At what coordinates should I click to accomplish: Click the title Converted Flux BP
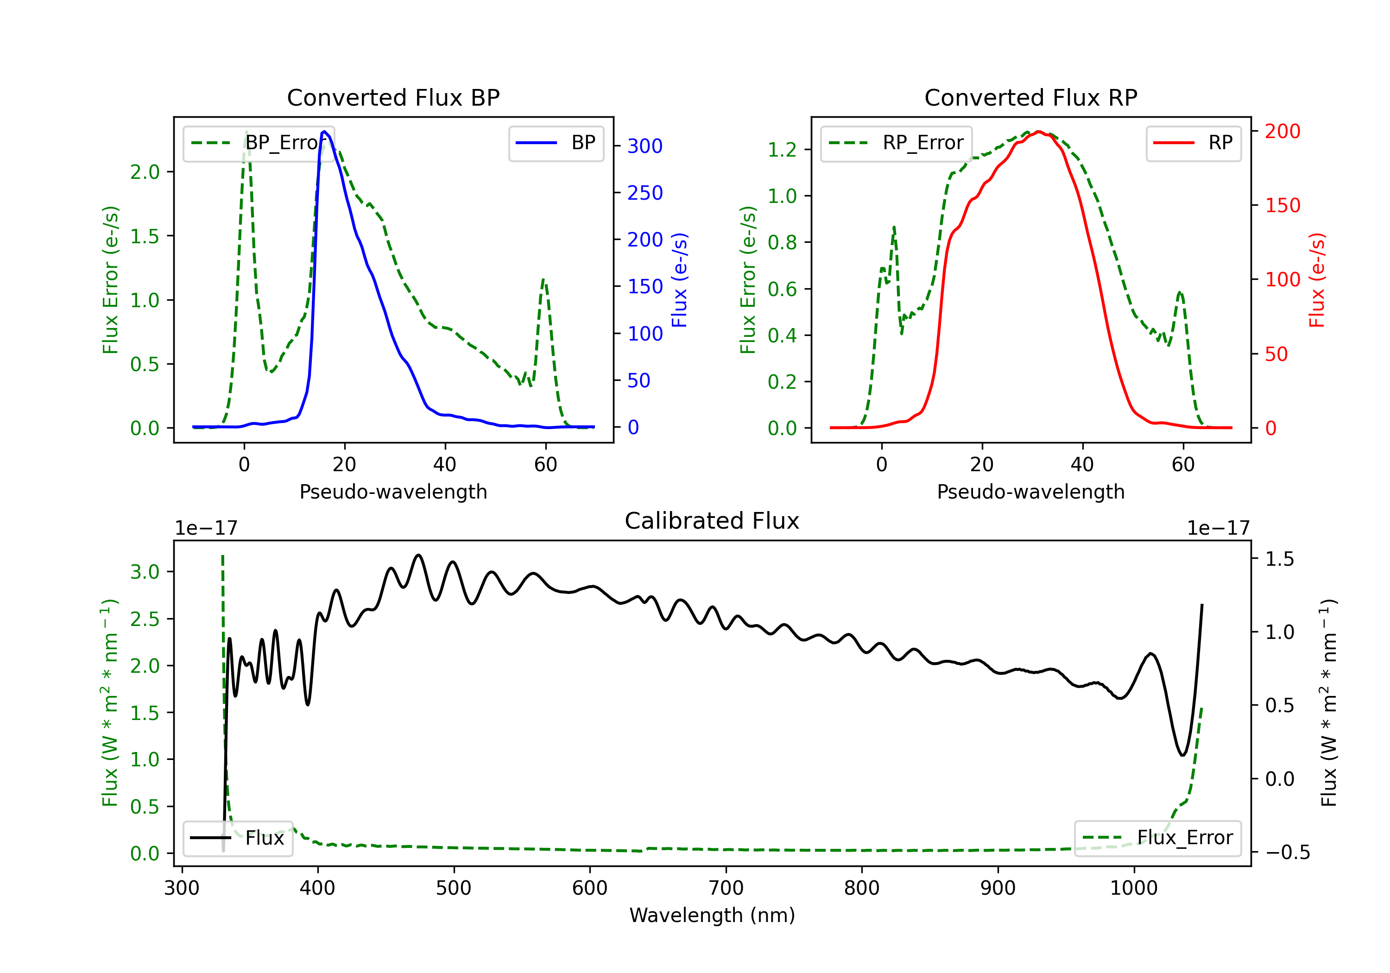click(x=393, y=97)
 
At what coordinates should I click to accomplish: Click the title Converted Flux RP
click(x=1030, y=97)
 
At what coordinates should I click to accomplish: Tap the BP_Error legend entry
click(x=259, y=143)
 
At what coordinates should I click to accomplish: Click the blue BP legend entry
click(x=556, y=143)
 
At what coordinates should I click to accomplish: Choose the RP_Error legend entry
click(x=896, y=143)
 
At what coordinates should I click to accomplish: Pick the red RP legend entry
click(x=1193, y=143)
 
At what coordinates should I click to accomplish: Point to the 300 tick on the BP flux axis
click(x=645, y=146)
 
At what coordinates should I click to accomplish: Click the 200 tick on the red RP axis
click(x=1282, y=132)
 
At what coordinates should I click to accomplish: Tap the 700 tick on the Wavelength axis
click(x=726, y=888)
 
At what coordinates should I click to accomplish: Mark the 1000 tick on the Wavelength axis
click(x=1134, y=888)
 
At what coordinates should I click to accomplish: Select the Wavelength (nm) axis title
click(x=712, y=916)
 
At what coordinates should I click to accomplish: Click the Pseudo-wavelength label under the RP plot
click(x=1030, y=492)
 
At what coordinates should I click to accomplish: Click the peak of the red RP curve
click(x=1039, y=132)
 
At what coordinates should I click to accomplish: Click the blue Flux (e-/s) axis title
click(x=680, y=280)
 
